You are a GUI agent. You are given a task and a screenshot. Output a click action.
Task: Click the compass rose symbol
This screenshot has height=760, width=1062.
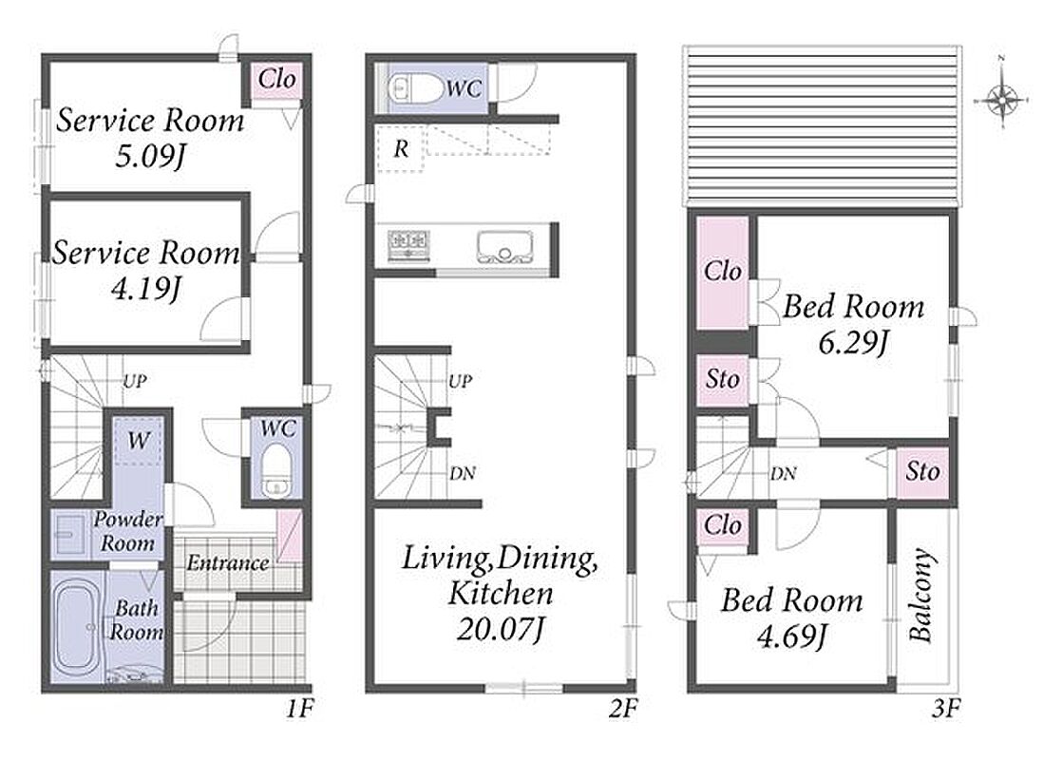(1002, 101)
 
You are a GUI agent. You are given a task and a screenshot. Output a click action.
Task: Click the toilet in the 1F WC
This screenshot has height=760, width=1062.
(275, 470)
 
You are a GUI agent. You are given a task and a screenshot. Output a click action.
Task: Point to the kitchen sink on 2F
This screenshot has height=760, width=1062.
(503, 247)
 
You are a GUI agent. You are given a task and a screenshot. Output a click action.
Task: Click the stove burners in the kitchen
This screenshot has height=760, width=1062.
(408, 242)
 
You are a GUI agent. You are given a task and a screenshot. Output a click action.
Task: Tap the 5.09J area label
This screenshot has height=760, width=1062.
(150, 157)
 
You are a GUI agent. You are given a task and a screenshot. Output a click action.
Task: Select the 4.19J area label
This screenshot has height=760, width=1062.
(145, 290)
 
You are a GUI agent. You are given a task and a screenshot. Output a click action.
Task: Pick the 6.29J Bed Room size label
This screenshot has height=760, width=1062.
(853, 343)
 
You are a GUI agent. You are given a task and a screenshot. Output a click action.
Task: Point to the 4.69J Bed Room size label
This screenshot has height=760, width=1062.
(791, 636)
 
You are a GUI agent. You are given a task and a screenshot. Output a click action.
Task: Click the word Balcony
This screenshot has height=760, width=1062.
(921, 595)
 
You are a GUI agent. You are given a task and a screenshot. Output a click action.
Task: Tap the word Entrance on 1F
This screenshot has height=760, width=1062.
(228, 563)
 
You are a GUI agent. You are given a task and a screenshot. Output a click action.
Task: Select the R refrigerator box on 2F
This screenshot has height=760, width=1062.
(400, 148)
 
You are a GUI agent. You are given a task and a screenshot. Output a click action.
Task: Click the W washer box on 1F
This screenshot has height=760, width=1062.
(138, 441)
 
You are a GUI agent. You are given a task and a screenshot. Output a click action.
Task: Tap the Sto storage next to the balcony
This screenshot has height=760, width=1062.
(922, 471)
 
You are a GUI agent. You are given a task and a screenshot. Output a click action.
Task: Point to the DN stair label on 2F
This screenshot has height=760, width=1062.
(463, 473)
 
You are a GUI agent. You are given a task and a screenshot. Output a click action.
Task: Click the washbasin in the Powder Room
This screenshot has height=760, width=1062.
(71, 535)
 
